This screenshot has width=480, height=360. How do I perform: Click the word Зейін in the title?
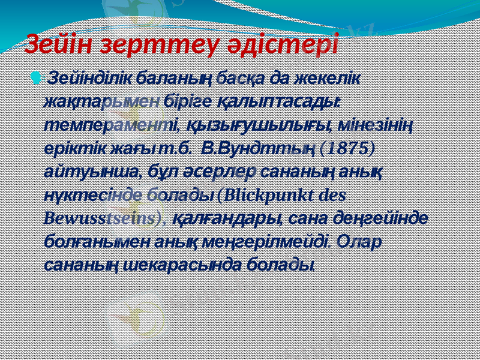60,44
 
